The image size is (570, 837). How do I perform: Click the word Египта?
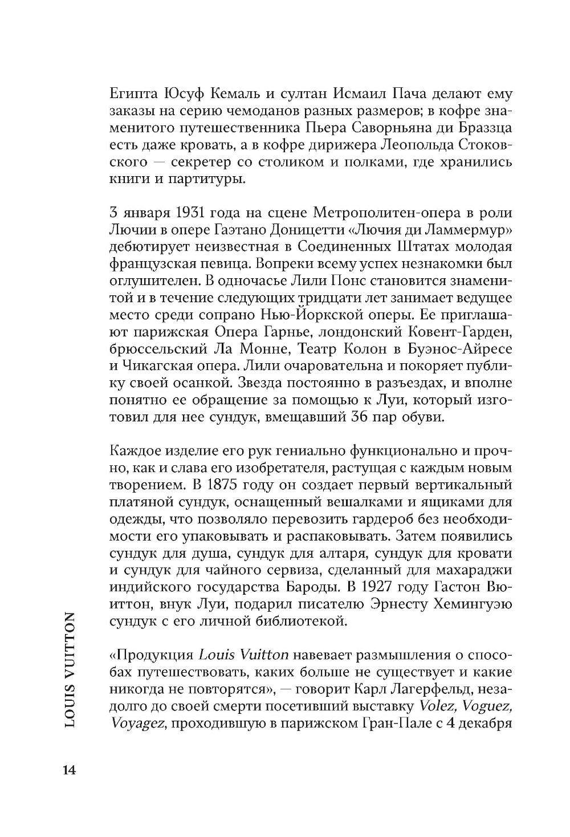[131, 92]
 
